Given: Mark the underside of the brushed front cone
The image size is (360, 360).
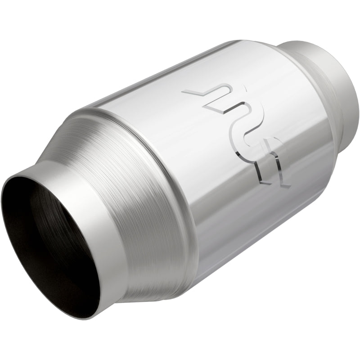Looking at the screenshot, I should pyautogui.click(x=148, y=279).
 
